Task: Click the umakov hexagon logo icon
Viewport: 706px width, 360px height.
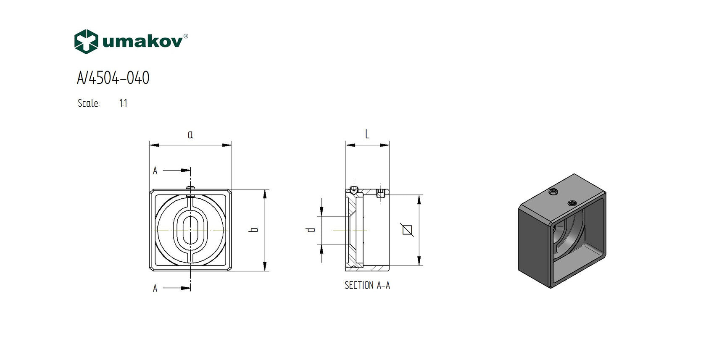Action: tap(86, 42)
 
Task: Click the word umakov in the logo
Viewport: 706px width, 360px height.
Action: tap(142, 42)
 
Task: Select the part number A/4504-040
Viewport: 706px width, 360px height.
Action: tap(113, 78)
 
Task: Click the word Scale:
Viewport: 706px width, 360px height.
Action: tap(89, 103)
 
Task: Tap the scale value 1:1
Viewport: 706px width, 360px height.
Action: tap(123, 103)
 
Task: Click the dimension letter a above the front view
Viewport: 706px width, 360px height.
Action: tap(190, 135)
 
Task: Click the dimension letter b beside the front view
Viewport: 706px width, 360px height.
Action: tap(253, 230)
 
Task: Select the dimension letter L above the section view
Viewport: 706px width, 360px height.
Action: tap(367, 134)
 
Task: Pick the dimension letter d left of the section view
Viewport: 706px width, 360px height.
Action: tap(311, 230)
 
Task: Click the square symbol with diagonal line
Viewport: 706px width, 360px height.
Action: tap(407, 230)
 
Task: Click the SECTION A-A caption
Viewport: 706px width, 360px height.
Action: tap(367, 286)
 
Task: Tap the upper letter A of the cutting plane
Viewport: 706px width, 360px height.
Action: tap(155, 171)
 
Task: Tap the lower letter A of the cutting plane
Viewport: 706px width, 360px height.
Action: tap(155, 289)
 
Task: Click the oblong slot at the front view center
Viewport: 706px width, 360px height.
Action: tap(190, 230)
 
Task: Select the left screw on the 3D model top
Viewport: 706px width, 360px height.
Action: tap(553, 192)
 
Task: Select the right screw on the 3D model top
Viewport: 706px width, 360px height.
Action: tap(572, 203)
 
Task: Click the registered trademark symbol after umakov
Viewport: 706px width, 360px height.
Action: tap(186, 36)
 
